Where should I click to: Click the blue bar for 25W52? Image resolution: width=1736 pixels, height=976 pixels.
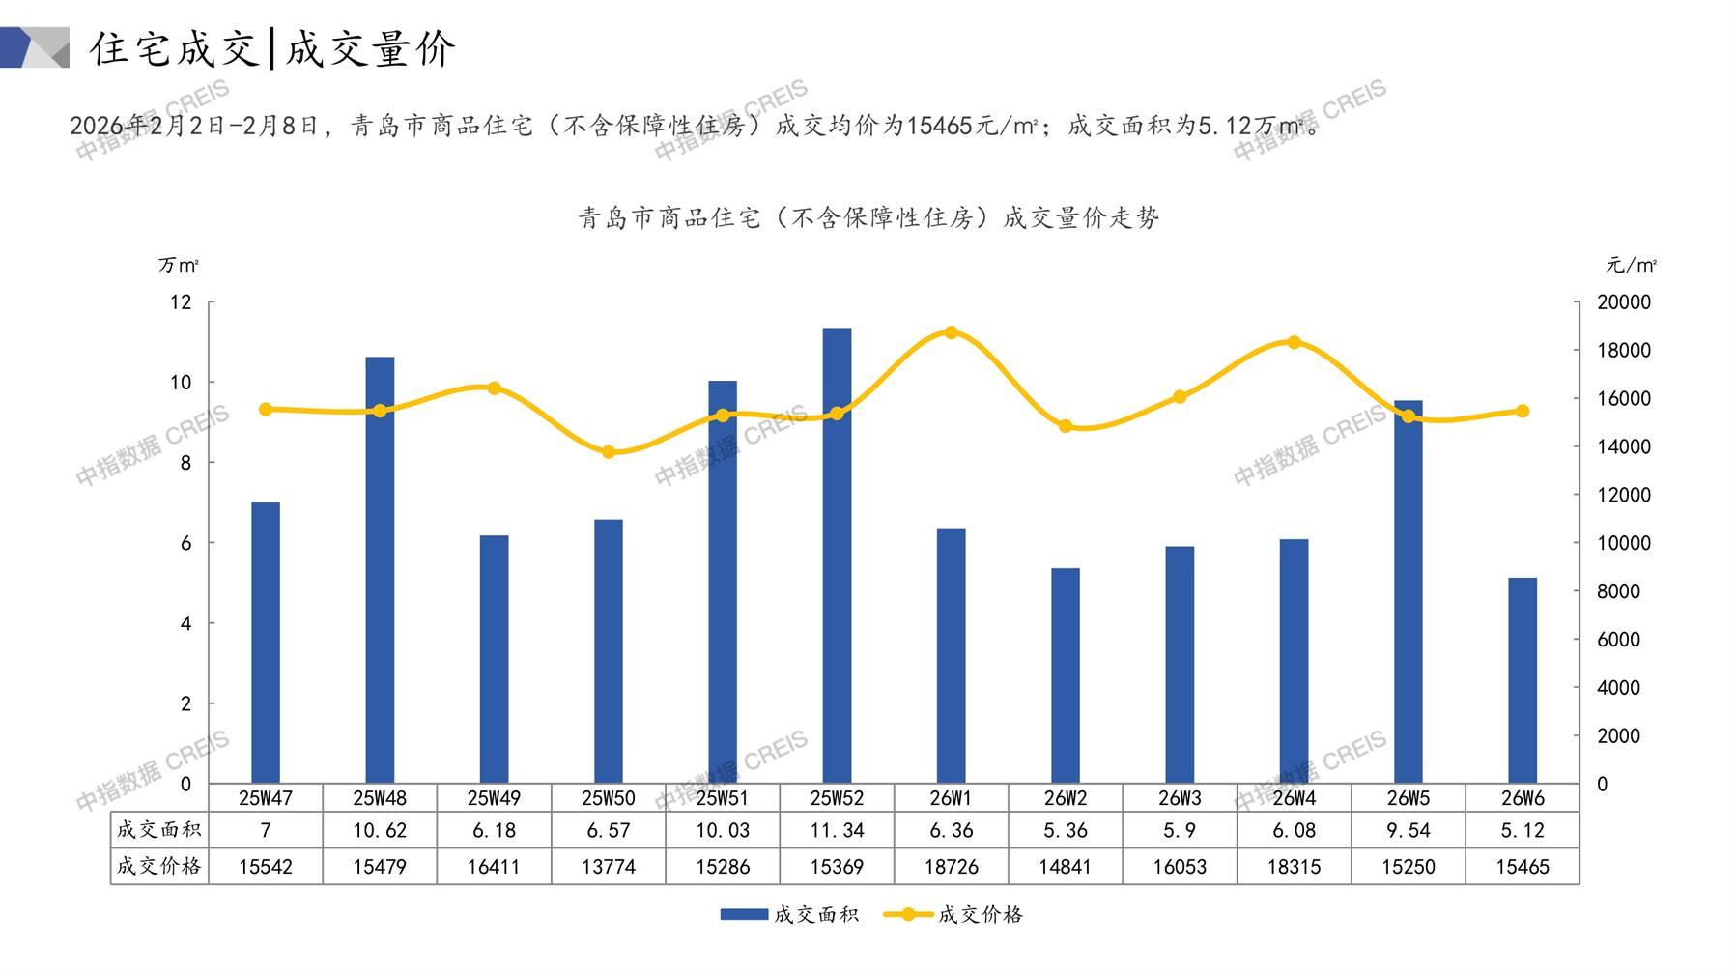[x=837, y=556]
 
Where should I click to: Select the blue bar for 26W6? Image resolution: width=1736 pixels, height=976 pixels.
[x=1523, y=680]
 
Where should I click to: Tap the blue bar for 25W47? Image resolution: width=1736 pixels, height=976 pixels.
[x=266, y=643]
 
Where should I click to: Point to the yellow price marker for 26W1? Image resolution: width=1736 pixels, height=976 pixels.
[x=952, y=332]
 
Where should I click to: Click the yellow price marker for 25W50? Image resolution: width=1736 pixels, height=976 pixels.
[x=609, y=452]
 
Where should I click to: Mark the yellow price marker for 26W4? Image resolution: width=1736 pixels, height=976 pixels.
[x=1295, y=342]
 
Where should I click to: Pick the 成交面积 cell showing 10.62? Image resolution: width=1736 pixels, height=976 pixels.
[x=380, y=830]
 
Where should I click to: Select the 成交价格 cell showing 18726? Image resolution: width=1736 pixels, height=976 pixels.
[x=952, y=867]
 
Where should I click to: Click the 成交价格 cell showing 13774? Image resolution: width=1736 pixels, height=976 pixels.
[x=609, y=867]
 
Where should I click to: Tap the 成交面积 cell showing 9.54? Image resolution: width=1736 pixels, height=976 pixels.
[x=1409, y=830]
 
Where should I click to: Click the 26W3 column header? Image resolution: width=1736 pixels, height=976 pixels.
[x=1180, y=798]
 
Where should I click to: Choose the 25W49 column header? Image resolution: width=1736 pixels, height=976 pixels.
[x=494, y=798]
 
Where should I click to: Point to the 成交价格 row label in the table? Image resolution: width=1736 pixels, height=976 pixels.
[x=159, y=866]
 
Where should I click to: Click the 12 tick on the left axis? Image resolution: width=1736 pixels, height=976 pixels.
[x=181, y=302]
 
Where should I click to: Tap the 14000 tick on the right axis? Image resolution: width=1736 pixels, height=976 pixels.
[x=1624, y=446]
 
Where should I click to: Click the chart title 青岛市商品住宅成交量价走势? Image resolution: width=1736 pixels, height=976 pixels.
[x=868, y=218]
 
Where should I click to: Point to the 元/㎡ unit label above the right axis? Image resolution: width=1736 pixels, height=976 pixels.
[x=1631, y=265]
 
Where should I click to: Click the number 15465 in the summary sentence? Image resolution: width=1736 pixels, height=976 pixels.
[x=941, y=127]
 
